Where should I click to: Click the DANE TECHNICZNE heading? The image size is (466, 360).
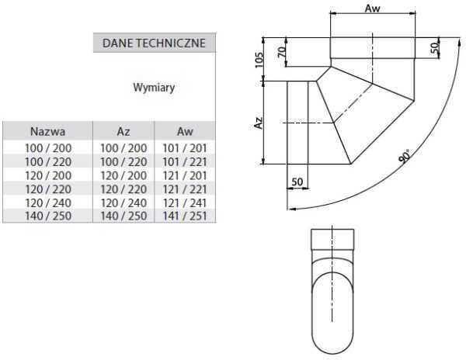[154, 43]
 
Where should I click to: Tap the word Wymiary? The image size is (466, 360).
[154, 88]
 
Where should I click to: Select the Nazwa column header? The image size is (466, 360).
[47, 131]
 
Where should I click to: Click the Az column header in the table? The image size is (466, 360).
[123, 131]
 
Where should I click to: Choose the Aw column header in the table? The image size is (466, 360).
[185, 131]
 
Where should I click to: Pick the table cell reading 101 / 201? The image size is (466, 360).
[185, 148]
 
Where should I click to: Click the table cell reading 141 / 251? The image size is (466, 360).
[185, 215]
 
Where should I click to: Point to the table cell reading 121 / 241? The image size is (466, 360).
[185, 202]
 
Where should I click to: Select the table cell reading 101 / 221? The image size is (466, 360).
[185, 161]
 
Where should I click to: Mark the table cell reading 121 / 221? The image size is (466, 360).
[185, 189]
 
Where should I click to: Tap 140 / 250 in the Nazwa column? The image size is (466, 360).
[47, 215]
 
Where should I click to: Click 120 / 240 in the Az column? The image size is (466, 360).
[123, 202]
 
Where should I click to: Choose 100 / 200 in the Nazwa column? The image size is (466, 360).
[47, 148]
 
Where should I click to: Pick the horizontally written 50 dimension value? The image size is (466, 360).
[297, 182]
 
